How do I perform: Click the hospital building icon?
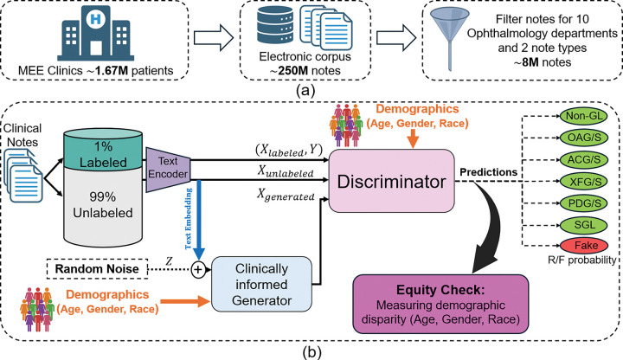(x=95, y=34)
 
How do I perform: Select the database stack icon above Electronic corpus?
(x=275, y=25)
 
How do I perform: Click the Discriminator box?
(x=391, y=181)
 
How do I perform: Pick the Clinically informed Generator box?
(x=261, y=284)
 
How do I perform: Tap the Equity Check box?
(x=440, y=304)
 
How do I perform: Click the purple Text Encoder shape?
(x=169, y=169)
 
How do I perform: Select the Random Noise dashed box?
(x=97, y=268)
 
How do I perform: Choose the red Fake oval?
(x=584, y=245)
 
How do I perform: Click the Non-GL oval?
(x=584, y=116)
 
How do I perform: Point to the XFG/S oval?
(x=584, y=182)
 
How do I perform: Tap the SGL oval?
(x=584, y=224)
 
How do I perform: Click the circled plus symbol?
(x=198, y=270)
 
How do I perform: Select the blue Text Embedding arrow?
(x=198, y=220)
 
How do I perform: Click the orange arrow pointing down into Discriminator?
(x=414, y=140)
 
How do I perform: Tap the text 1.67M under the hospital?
(x=112, y=71)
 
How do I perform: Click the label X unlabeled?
(x=285, y=170)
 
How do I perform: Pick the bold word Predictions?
(x=488, y=172)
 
